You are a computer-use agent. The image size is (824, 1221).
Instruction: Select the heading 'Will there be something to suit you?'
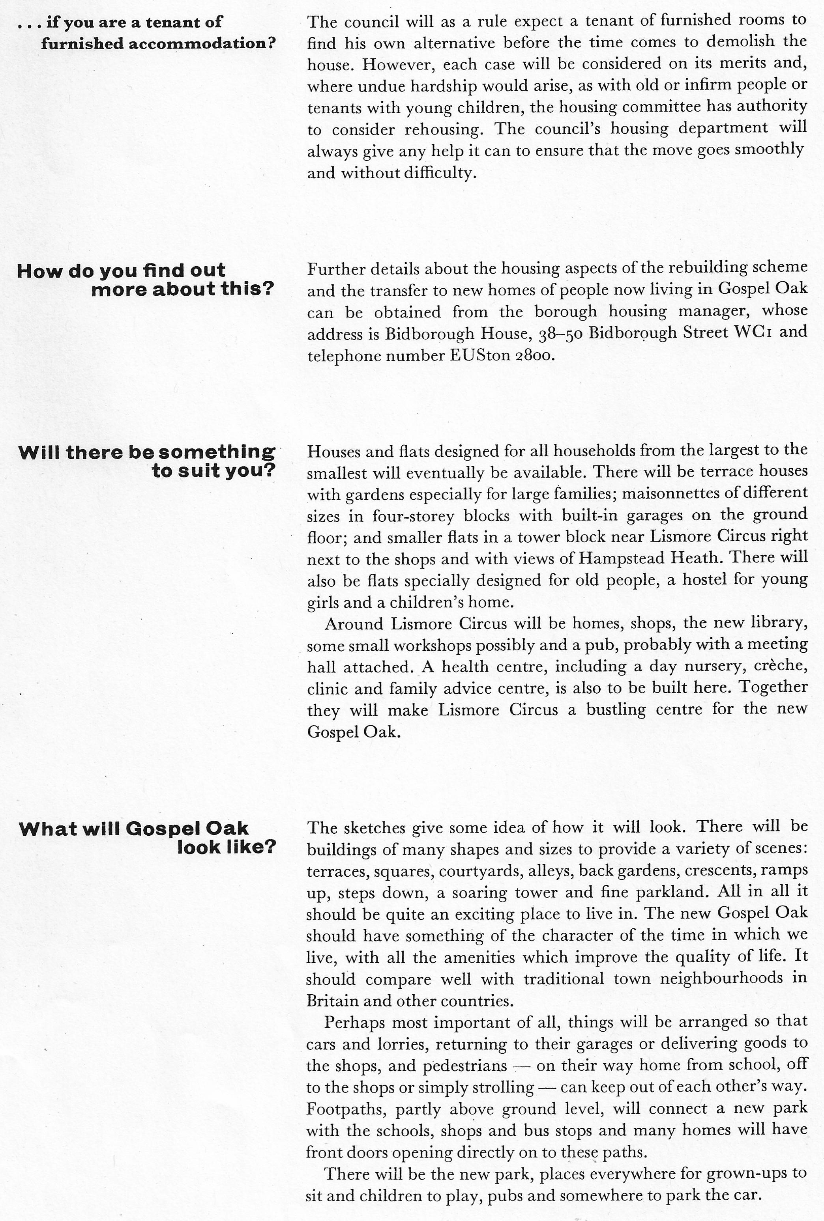tap(147, 461)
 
